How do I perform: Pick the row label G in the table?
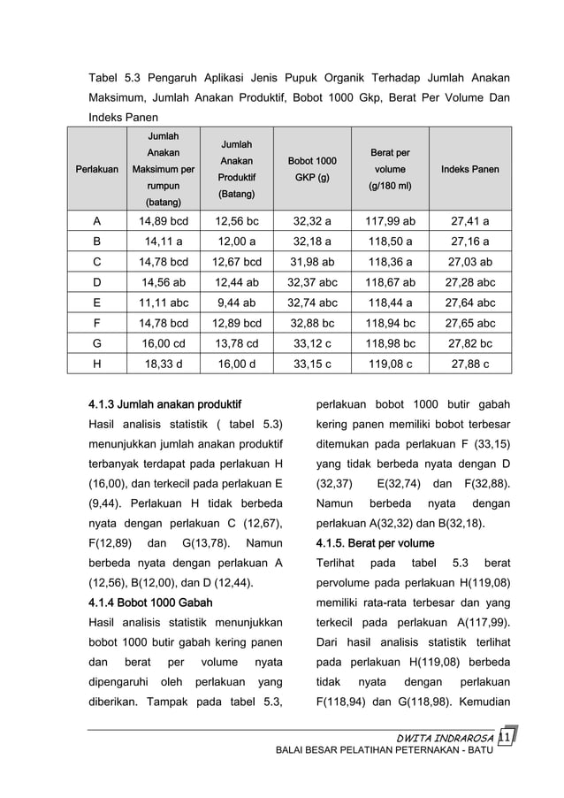click(x=96, y=342)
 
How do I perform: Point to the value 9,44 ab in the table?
click(x=236, y=302)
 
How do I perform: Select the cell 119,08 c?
click(x=391, y=363)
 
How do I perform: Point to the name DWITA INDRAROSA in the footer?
click(x=444, y=738)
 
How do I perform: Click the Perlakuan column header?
click(x=96, y=169)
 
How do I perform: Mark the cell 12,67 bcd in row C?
click(x=236, y=261)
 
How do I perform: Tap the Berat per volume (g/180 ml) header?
click(x=391, y=169)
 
